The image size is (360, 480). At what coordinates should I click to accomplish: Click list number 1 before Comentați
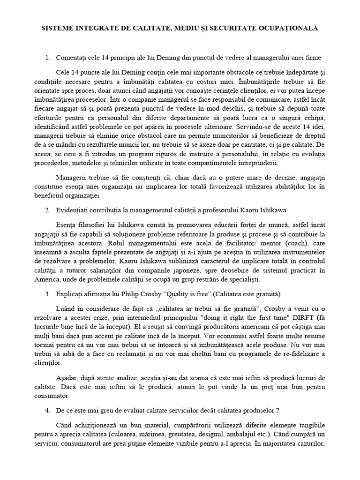point(47,58)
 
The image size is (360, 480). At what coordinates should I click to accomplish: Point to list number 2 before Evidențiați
point(47,210)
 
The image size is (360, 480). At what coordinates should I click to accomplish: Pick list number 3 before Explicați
point(47,294)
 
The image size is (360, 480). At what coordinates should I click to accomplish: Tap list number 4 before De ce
point(47,410)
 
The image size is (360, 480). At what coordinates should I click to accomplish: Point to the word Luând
point(65,310)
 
